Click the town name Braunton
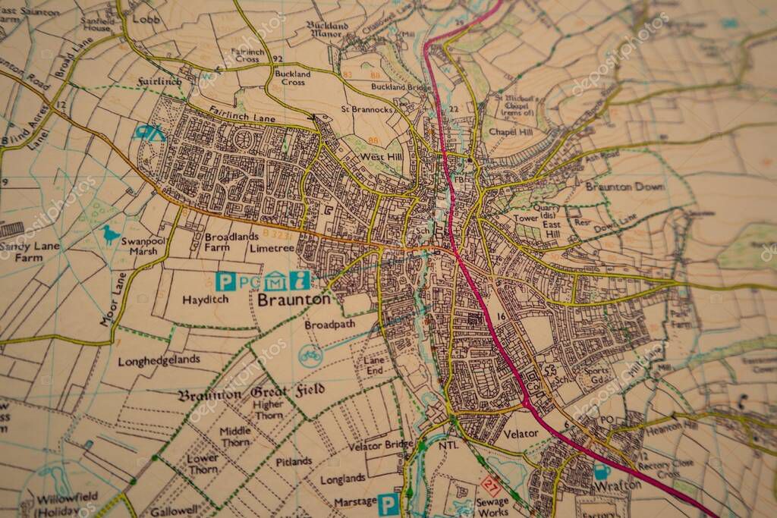[294, 300]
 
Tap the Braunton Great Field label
[251, 393]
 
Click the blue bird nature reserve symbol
[112, 234]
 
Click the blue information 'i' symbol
[301, 280]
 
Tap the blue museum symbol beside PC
[274, 281]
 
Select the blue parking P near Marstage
[388, 504]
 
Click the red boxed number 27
[491, 486]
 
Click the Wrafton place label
[612, 485]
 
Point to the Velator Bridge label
[381, 445]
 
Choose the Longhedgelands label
[159, 359]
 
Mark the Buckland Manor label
[327, 30]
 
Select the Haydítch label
[205, 300]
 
